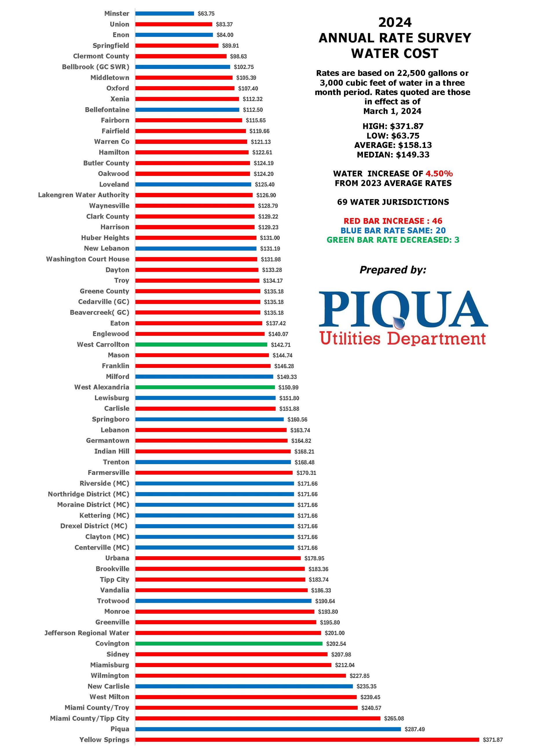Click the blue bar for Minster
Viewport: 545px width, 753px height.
tap(164, 14)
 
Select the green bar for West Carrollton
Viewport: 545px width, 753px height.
tap(201, 345)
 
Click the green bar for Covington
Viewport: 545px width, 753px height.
tap(229, 644)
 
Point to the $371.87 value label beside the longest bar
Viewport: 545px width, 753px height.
tap(493, 740)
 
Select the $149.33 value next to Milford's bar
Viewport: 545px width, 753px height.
tap(287, 377)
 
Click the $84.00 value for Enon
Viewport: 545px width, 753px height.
tap(225, 35)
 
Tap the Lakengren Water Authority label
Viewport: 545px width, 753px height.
tap(84, 195)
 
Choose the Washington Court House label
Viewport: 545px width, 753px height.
tap(88, 259)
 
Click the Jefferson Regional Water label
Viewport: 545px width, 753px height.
tap(87, 633)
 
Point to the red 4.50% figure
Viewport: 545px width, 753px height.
tap(439, 174)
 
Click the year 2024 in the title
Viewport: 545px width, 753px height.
tap(395, 23)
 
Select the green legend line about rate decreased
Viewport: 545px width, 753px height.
tap(393, 240)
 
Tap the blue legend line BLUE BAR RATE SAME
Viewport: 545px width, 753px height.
tap(393, 231)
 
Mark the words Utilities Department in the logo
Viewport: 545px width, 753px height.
tap(402, 339)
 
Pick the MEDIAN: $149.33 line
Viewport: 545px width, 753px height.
tap(393, 155)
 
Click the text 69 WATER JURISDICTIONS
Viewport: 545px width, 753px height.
tap(393, 202)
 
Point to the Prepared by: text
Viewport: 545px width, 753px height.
tap(393, 270)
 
